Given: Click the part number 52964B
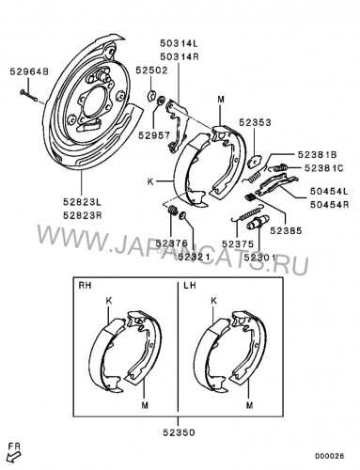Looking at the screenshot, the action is coord(29,71).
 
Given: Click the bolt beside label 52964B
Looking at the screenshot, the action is coord(28,96).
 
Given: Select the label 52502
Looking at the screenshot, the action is coord(151,70).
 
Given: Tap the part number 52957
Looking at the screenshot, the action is coord(154,135).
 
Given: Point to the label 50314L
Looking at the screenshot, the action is coord(180,43).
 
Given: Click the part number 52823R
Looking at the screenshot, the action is coord(83,215).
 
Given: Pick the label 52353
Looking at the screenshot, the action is coord(255,122).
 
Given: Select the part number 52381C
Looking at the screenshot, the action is coord(324,168).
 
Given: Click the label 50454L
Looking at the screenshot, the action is coord(329,191).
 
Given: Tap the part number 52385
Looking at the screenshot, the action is coord(286,230).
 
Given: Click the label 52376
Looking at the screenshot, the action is coord(172,243).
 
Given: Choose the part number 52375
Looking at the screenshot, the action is coord(238,243).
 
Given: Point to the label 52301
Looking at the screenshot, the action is coord(259,258).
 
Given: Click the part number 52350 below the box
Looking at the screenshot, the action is coord(179,432).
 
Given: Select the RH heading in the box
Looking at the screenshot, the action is coord(85,286).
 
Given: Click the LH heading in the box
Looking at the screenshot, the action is coord(190,286).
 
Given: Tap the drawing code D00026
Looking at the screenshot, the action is coord(329,456).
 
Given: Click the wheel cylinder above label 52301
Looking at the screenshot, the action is coord(258,223).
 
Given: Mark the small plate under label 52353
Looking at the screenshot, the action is coord(255,161).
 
